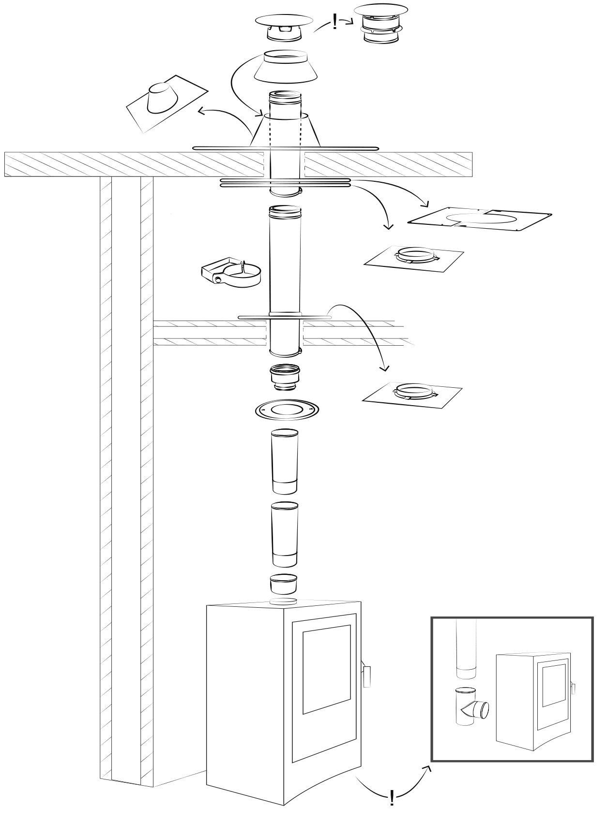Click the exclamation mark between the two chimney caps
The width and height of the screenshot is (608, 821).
tap(335, 22)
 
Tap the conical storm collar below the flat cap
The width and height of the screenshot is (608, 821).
tap(285, 66)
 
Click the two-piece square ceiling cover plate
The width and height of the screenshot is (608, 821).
tap(480, 220)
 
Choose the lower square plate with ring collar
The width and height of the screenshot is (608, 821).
tap(412, 392)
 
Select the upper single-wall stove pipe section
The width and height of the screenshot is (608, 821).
tap(285, 461)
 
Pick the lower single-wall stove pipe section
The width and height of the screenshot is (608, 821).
tap(284, 534)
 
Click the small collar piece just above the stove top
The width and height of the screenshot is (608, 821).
tap(283, 584)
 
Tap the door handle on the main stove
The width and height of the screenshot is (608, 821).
tap(366, 676)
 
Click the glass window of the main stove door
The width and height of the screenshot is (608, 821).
tap(326, 669)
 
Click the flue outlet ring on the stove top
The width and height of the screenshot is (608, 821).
tap(283, 601)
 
